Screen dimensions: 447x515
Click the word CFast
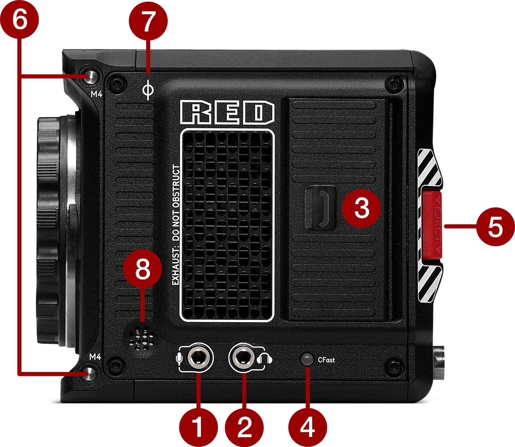326,359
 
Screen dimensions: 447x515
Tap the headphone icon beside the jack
265,359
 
